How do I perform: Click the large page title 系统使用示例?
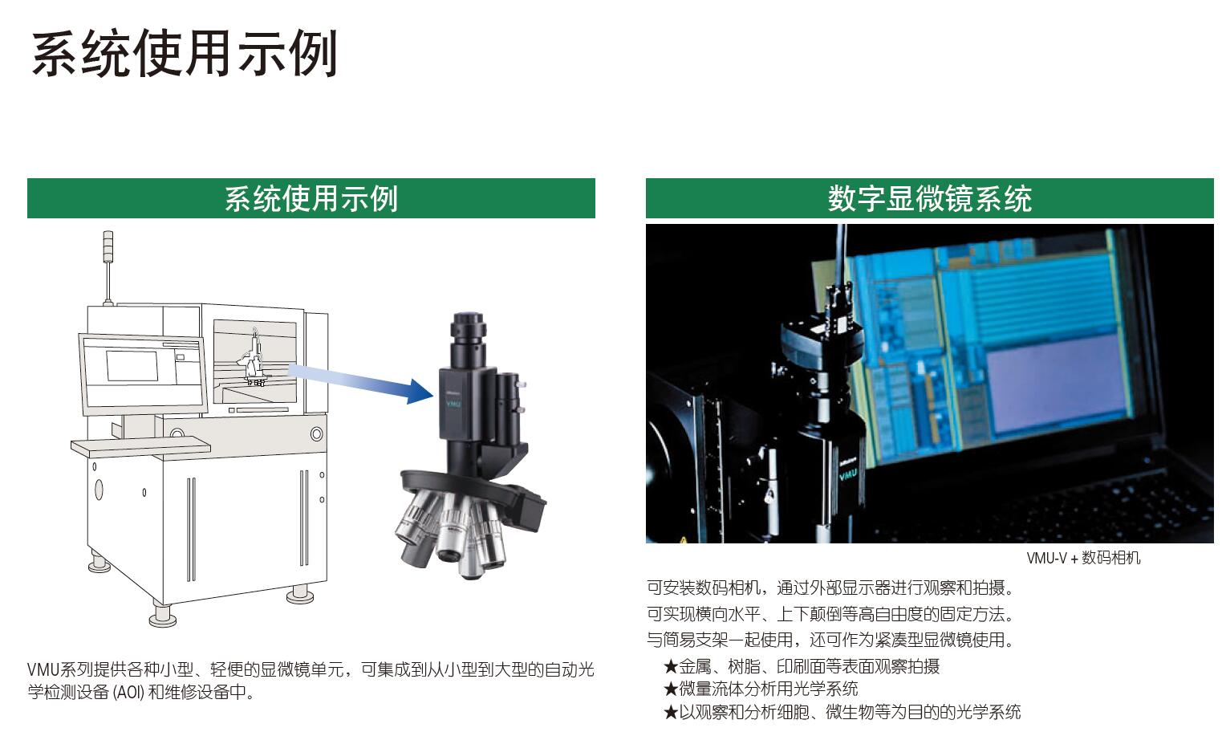pos(185,54)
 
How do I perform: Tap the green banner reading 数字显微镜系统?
pos(930,198)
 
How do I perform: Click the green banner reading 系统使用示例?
pos(311,198)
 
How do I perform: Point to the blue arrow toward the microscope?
pos(361,383)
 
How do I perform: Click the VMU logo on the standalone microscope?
pos(454,404)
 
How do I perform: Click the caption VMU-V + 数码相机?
pos(1083,558)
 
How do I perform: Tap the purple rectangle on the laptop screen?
pos(1056,382)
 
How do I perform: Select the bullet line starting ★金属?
pos(802,666)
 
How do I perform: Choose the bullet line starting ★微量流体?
pos(761,689)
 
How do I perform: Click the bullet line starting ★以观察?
pos(842,712)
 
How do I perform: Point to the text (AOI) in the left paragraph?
pos(128,692)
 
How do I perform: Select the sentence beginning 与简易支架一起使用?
pos(830,639)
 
